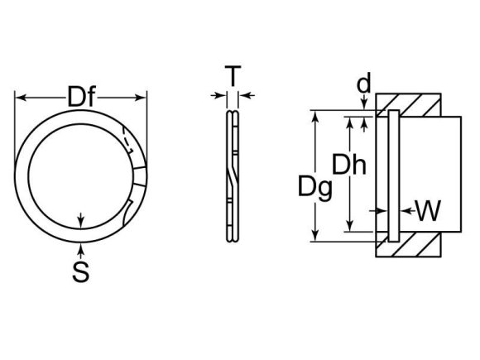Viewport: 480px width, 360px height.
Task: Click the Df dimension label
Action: click(80, 98)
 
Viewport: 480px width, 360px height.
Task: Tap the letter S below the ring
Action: click(80, 271)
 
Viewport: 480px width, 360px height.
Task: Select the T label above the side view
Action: click(233, 77)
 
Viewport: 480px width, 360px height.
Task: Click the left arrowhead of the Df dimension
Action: click(20, 98)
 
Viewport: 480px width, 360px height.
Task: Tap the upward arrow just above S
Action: click(80, 247)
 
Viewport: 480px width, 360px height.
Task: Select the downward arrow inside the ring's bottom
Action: click(80, 221)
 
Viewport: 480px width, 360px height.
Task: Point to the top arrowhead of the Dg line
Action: click(314, 114)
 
